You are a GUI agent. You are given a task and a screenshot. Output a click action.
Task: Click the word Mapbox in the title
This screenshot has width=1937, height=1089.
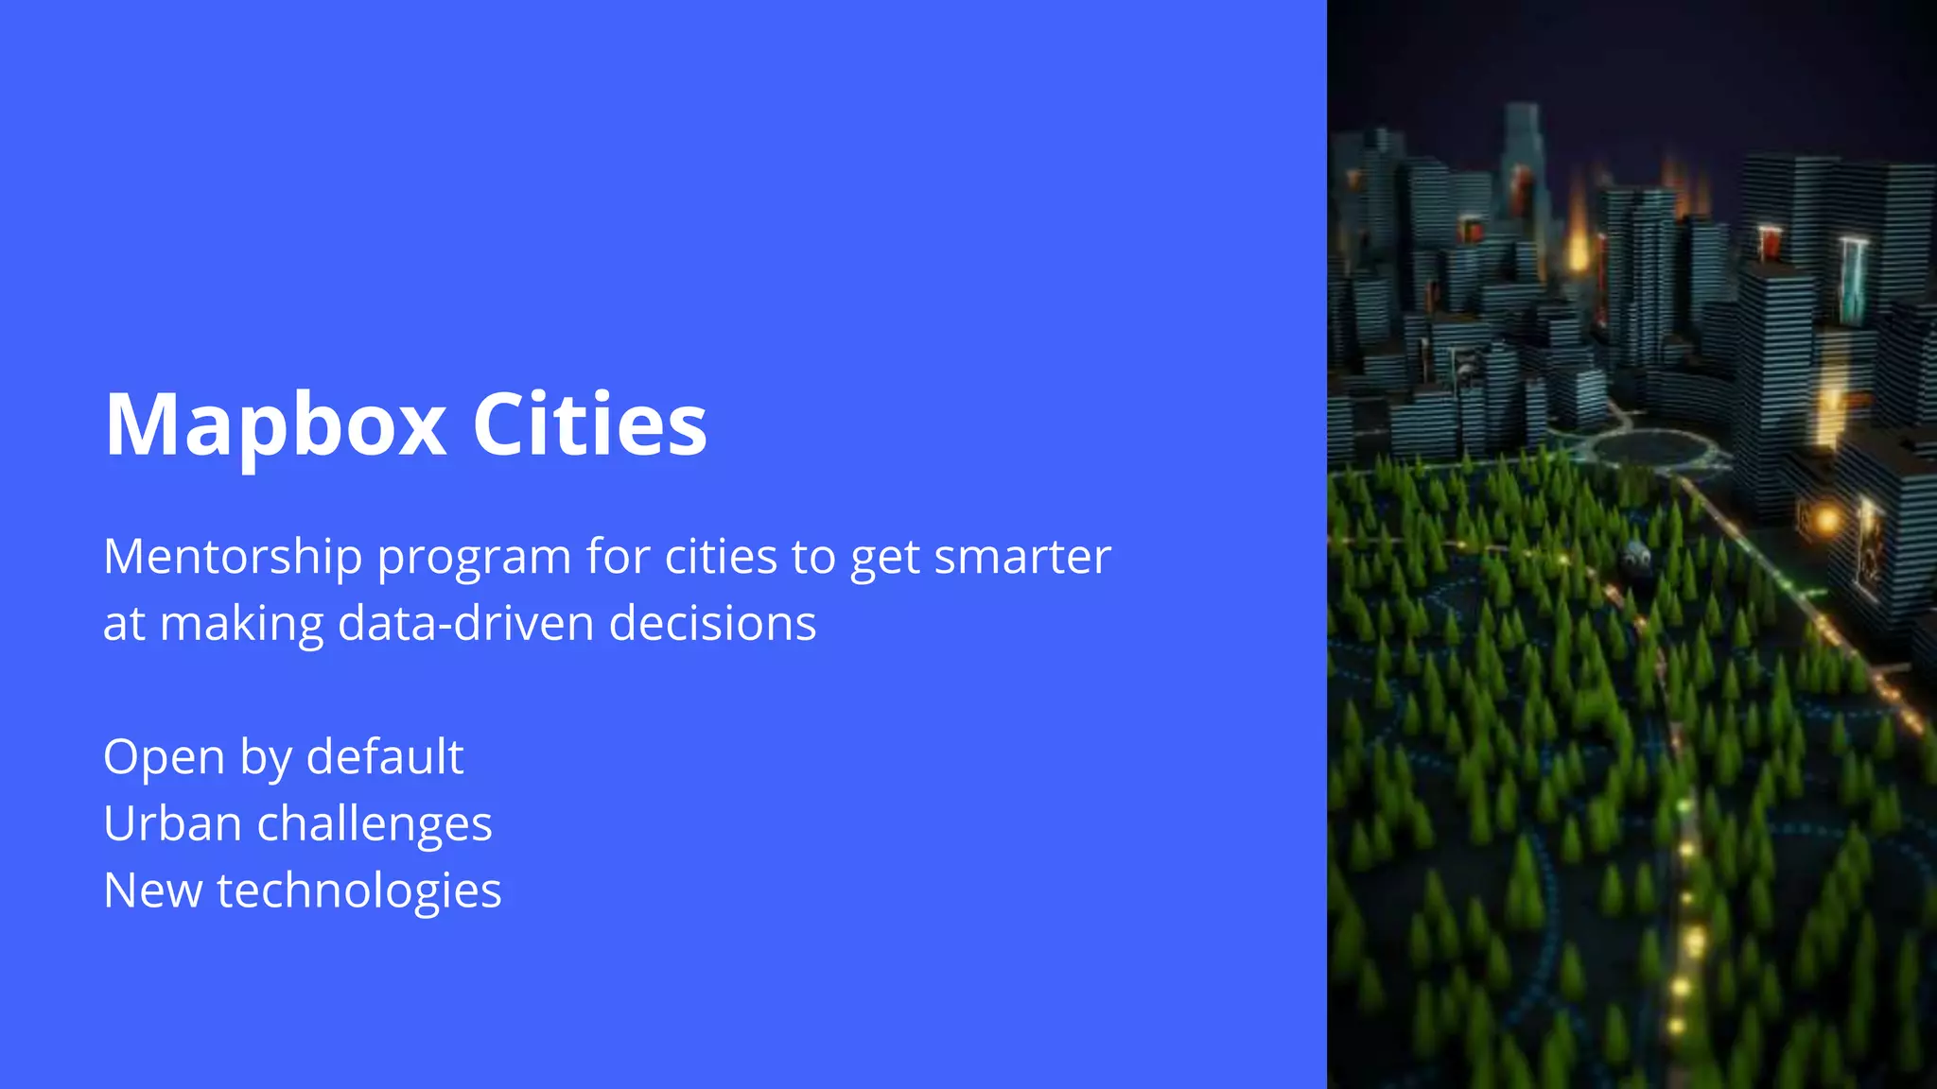tap(275, 425)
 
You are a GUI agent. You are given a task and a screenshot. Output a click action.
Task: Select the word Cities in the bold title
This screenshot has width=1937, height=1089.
tap(589, 423)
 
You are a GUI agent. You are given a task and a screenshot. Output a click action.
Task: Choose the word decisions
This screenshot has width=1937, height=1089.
tap(712, 623)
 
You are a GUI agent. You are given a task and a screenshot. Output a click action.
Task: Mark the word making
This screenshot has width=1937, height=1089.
tap(242, 625)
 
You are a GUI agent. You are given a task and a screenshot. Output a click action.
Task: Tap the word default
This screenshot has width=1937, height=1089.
tap(385, 756)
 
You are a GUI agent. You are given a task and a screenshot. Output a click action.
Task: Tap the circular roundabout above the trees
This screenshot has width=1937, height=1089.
tap(1650, 448)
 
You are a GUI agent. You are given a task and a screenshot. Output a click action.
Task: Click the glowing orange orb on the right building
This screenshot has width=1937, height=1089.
tap(1826, 518)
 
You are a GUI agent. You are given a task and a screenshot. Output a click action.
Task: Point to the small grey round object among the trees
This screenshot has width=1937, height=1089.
tap(1637, 558)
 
